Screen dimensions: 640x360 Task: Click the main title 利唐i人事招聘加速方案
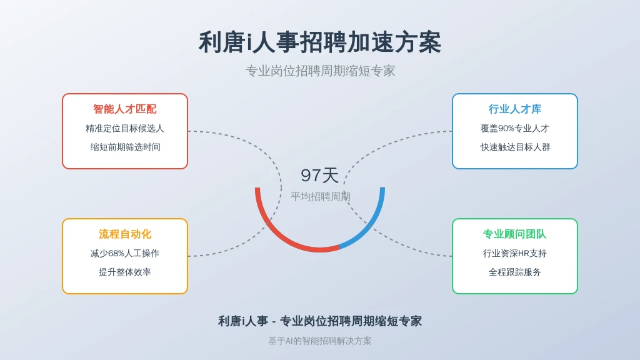(x=319, y=42)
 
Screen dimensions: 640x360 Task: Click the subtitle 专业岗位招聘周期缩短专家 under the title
(x=320, y=71)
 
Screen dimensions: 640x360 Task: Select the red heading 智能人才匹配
(x=125, y=109)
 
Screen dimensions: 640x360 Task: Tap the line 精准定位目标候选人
(x=125, y=129)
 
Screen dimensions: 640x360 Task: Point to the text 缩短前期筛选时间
(x=125, y=147)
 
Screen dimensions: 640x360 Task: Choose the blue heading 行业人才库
(x=515, y=109)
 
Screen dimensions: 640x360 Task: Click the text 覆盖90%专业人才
(x=515, y=129)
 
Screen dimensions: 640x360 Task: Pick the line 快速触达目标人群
(x=515, y=147)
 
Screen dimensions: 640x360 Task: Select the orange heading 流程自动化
(x=125, y=234)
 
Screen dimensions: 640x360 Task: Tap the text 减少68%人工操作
(x=125, y=254)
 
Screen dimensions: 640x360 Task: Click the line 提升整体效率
(x=125, y=272)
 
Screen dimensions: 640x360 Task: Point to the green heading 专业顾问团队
(x=515, y=234)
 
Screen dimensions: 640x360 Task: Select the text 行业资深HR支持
(x=515, y=254)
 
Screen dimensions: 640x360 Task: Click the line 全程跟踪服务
(x=515, y=272)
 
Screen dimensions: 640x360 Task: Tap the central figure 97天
(x=319, y=176)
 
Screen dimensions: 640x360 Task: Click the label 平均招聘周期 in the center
(x=321, y=197)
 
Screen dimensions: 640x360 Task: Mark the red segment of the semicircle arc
(x=274, y=232)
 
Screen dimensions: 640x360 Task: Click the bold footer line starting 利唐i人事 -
(x=319, y=321)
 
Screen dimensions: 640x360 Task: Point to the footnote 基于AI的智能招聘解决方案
(x=319, y=341)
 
